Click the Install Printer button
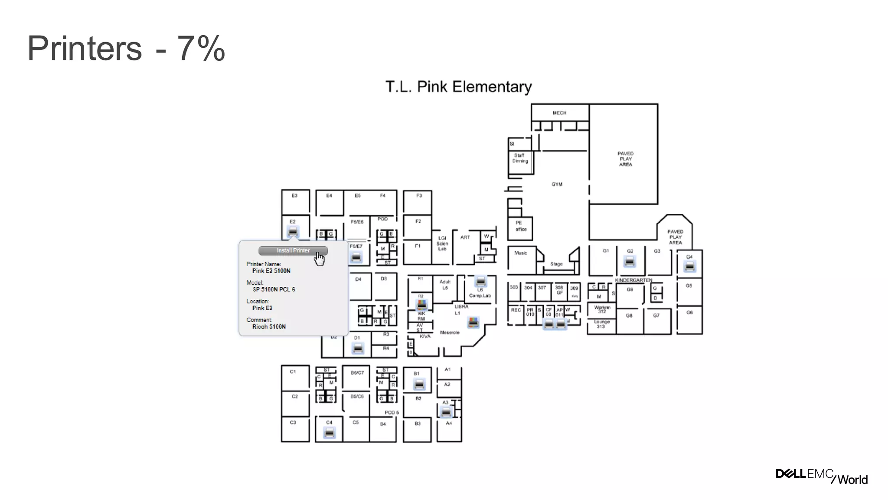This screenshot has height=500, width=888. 293,250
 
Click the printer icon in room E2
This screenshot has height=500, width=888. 293,231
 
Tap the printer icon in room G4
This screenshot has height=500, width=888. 689,266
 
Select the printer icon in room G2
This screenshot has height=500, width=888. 630,261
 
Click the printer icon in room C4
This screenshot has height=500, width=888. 330,432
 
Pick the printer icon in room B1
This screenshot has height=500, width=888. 419,384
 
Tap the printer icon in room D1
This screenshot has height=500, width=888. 358,348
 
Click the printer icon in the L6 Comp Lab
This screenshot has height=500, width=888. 480,281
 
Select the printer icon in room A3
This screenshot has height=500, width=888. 446,411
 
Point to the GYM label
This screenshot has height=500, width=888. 557,184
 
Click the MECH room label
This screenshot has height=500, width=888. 559,113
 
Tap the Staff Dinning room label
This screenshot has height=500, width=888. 520,158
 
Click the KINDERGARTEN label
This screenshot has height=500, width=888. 633,280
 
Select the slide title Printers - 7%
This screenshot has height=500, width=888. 126,48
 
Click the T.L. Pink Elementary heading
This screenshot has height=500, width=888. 458,87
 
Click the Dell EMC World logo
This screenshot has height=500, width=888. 821,476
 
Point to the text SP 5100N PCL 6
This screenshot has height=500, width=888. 274,289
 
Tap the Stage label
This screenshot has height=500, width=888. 556,264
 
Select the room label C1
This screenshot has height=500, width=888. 293,372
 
